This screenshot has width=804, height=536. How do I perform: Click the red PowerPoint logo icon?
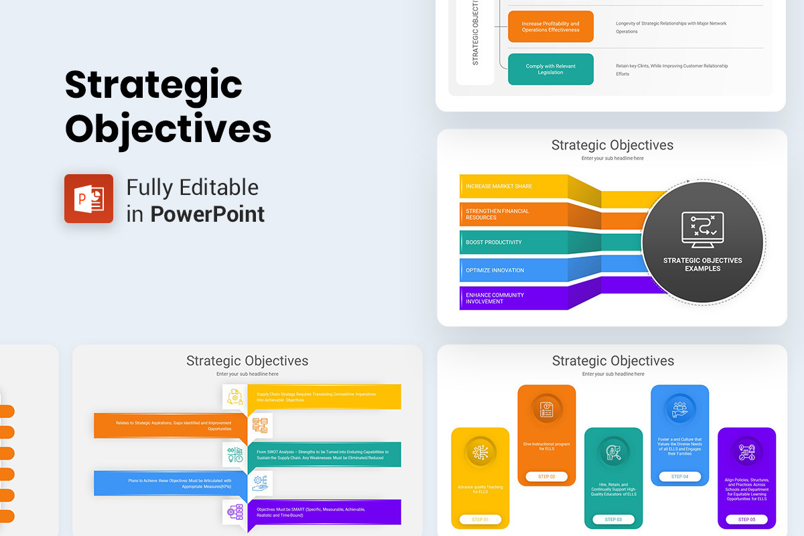click(x=88, y=198)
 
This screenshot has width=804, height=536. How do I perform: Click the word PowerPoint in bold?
click(x=208, y=214)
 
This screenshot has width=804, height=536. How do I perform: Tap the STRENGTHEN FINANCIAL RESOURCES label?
click(x=497, y=214)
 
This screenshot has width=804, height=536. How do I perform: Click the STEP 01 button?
click(x=480, y=519)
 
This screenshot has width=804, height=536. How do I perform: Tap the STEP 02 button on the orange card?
click(x=547, y=476)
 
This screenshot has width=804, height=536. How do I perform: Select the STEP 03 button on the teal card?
click(x=614, y=519)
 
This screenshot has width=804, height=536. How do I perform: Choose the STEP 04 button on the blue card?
click(x=679, y=476)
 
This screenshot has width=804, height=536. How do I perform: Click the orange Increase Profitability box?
click(x=551, y=27)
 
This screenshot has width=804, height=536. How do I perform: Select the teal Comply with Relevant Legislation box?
click(x=551, y=69)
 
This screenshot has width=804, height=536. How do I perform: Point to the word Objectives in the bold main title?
click(x=168, y=128)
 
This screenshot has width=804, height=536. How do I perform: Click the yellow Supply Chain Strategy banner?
click(x=324, y=397)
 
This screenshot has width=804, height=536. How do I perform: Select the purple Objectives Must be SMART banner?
click(x=324, y=512)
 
